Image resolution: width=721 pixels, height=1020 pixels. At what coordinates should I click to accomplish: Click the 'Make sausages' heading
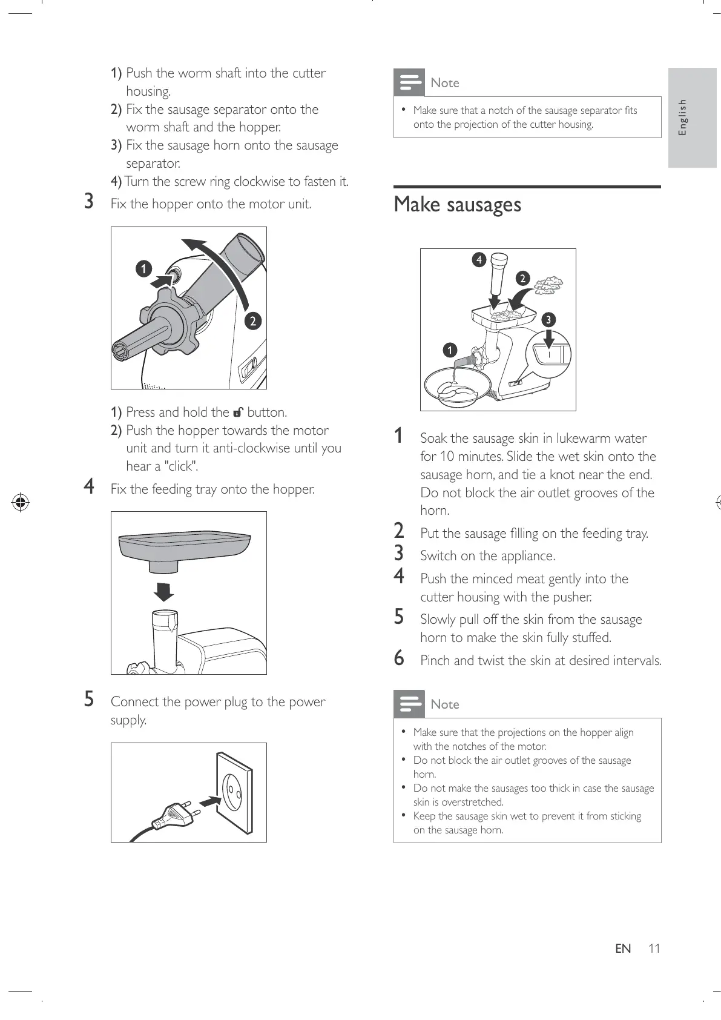457,205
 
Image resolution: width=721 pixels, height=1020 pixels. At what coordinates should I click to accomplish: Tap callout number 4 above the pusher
479,260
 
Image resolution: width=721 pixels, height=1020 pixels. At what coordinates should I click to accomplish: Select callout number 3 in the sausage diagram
548,319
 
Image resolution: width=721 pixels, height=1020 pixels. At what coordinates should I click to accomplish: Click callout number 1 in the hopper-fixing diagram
143,268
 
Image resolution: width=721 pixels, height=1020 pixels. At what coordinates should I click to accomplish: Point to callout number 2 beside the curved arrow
252,320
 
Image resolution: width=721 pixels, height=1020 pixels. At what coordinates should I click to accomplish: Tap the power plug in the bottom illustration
176,815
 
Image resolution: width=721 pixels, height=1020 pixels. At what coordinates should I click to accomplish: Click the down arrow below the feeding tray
164,592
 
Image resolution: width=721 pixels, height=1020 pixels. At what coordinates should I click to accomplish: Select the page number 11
653,949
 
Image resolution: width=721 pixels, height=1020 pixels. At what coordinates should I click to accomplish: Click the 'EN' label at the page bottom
623,949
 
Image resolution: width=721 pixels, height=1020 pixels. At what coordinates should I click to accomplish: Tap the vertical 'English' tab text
682,118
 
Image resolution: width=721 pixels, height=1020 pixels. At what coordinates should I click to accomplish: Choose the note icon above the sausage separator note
409,82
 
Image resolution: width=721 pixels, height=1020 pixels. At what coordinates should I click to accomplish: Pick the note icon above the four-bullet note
409,704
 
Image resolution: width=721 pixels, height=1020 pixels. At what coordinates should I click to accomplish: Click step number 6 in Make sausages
399,658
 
